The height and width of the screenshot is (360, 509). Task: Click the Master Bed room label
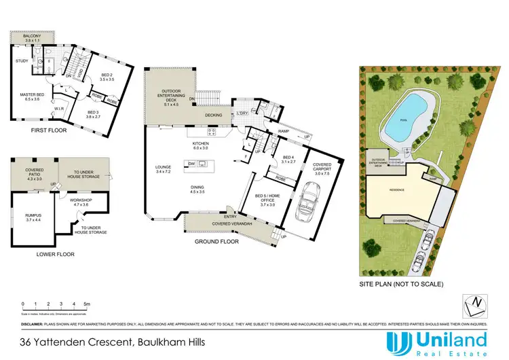point(29,96)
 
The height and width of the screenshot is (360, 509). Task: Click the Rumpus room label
point(34,215)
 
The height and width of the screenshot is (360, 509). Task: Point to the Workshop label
point(80,202)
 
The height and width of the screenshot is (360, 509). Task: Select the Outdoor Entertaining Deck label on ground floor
point(166,98)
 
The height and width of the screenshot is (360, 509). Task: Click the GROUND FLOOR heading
point(215,241)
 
